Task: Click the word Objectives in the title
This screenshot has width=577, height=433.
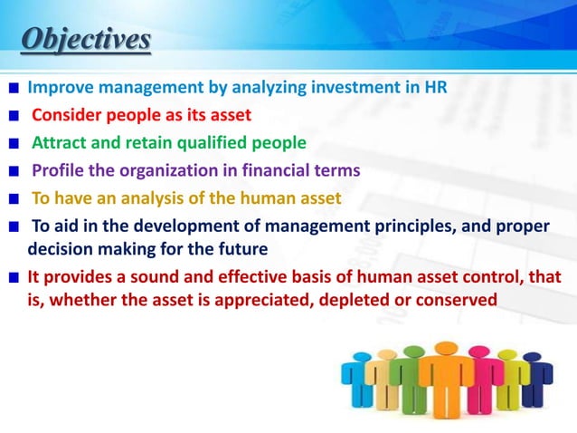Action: click(86, 41)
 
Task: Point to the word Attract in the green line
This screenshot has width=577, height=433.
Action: click(60, 142)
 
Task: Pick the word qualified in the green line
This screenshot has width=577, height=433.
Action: click(221, 142)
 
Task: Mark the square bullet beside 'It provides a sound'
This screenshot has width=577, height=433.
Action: click(14, 276)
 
